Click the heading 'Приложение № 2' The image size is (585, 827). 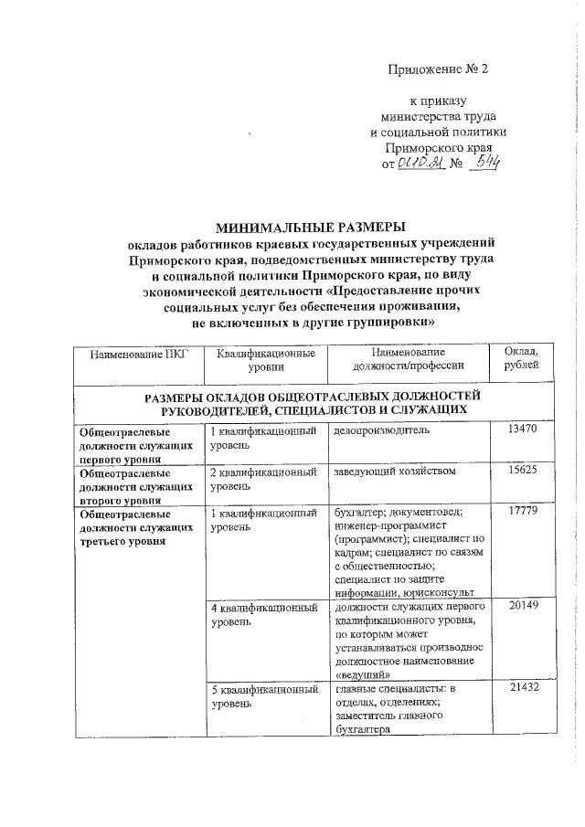pyautogui.click(x=439, y=69)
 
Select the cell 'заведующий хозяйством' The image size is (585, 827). pyautogui.click(x=393, y=471)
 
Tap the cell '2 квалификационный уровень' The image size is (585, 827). pyautogui.click(x=262, y=478)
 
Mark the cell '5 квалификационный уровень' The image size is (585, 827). pyautogui.click(x=262, y=694)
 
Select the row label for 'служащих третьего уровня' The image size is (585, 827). pyautogui.click(x=135, y=527)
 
